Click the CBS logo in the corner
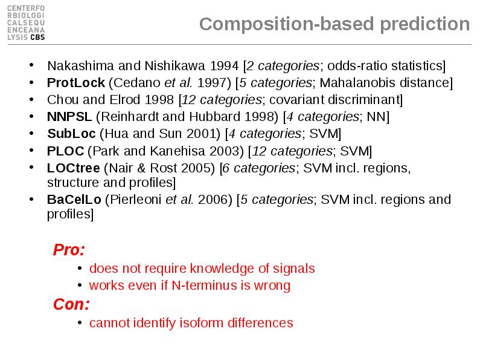[26, 23]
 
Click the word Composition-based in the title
[286, 24]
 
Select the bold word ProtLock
[76, 83]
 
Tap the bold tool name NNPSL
[69, 117]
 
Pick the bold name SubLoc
[71, 134]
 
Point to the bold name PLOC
[65, 151]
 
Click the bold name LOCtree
[73, 168]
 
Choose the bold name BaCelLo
[74, 200]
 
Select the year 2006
[213, 200]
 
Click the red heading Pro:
[69, 249]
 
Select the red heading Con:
[71, 304]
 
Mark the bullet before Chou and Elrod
[31, 99]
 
